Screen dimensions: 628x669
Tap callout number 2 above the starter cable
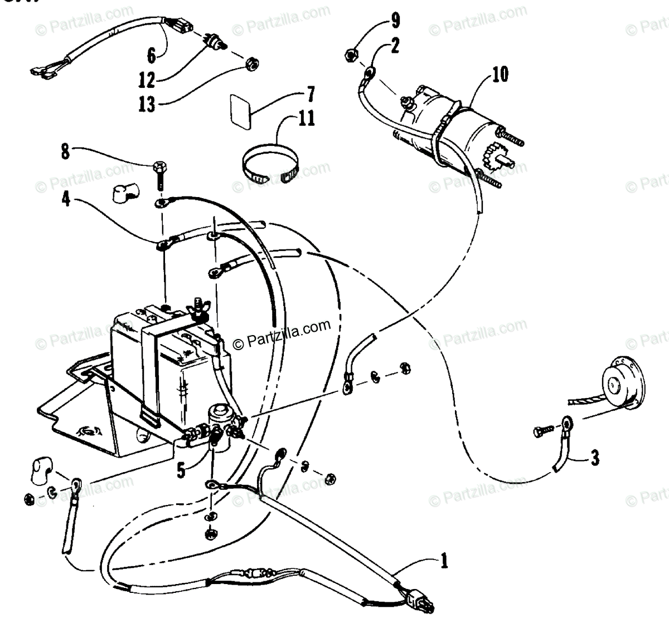tap(395, 45)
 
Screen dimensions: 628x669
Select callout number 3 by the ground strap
tap(595, 458)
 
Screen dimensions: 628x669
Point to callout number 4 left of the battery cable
tap(66, 199)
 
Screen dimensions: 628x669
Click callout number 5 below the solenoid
tap(181, 471)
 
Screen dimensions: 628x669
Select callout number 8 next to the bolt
tap(66, 151)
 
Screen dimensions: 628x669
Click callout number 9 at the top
tap(395, 22)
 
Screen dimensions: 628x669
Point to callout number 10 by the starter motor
tap(500, 73)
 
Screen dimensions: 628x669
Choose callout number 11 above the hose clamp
tap(307, 118)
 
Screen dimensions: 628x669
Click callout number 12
tap(147, 80)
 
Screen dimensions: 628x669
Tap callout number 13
tap(147, 104)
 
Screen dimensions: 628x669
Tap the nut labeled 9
tap(351, 54)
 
